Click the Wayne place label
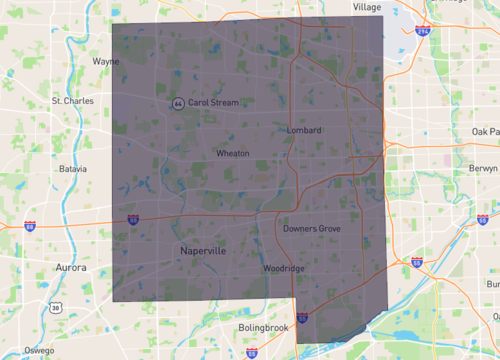106,61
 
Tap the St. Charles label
71,101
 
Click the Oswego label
39,350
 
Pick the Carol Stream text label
213,102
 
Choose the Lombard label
303,131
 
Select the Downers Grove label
312,229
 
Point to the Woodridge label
284,268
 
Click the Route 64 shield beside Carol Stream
177,103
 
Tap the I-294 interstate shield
424,33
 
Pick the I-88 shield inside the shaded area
134,218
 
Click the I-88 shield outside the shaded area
30,227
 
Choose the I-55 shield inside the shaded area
302,317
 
